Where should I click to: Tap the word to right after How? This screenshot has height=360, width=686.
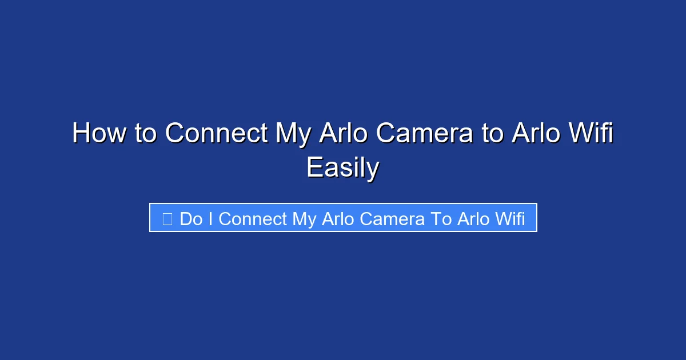pos(147,134)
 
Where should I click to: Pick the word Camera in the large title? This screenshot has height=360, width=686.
pos(425,134)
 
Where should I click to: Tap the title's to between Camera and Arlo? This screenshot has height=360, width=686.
pos(490,134)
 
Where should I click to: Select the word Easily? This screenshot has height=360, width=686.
pos(342,169)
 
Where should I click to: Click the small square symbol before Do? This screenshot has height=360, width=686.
pos(167,219)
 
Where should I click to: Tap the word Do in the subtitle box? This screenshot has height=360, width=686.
pos(191,219)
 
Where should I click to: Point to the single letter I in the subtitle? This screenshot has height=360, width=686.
pos(210,219)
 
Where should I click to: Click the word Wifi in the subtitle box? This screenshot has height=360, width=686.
pos(509,219)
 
